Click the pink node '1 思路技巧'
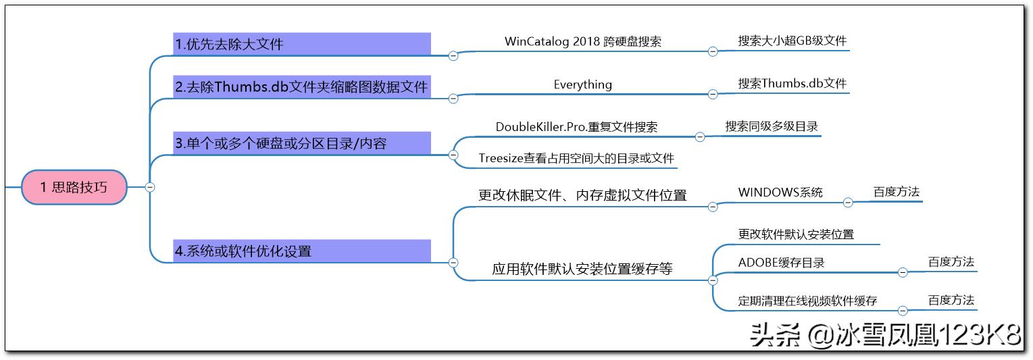click(x=74, y=187)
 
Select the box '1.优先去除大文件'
click(x=301, y=45)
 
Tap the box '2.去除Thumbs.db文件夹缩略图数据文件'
click(x=301, y=87)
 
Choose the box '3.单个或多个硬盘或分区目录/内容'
click(x=301, y=143)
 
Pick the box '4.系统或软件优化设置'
click(x=301, y=251)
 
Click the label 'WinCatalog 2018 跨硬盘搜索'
click(x=582, y=41)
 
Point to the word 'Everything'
click(x=582, y=84)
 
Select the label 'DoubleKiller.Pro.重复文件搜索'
click(x=576, y=126)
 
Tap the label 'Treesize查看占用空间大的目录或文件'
click(x=576, y=159)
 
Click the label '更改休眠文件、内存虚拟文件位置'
click(x=582, y=195)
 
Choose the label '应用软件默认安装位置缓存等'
click(x=582, y=269)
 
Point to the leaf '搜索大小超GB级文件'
click(x=792, y=41)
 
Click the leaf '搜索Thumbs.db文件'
click(x=792, y=84)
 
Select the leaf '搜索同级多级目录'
click(x=772, y=126)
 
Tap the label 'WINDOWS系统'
click(x=780, y=192)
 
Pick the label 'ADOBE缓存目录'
click(x=781, y=263)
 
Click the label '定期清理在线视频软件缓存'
click(x=807, y=301)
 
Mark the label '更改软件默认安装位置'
click(x=796, y=234)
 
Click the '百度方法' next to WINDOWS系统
click(x=896, y=192)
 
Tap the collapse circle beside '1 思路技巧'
click(x=150, y=187)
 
